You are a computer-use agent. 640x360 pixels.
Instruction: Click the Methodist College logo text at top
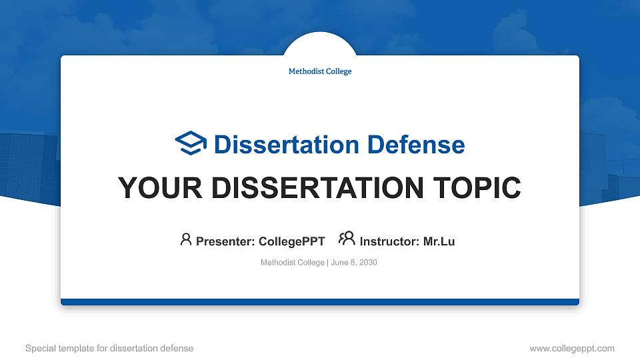pyautogui.click(x=320, y=71)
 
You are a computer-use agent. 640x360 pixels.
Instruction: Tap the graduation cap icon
pyautogui.click(x=191, y=143)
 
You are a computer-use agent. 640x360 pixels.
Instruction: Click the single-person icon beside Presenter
pyautogui.click(x=186, y=239)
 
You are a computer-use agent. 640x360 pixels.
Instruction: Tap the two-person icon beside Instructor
pyautogui.click(x=347, y=239)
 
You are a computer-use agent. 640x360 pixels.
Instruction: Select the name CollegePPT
pyautogui.click(x=291, y=241)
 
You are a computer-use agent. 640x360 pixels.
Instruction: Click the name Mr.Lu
pyautogui.click(x=439, y=241)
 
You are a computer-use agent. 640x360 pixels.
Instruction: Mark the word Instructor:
pyautogui.click(x=389, y=241)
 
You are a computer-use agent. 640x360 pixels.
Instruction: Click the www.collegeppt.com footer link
pyautogui.click(x=572, y=348)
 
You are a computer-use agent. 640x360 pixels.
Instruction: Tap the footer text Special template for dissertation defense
pyautogui.click(x=109, y=348)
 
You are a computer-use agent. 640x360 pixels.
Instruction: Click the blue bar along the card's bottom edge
pyautogui.click(x=320, y=302)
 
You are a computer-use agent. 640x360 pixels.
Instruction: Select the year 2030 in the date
pyautogui.click(x=369, y=263)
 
